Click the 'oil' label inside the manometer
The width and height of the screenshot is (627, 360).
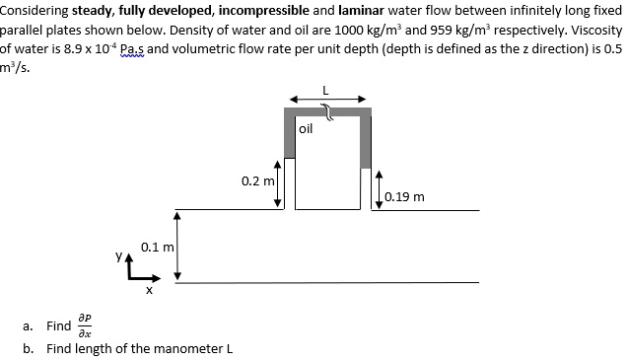click(x=305, y=128)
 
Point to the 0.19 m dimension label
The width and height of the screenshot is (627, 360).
click(x=405, y=196)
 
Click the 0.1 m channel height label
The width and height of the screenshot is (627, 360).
click(x=157, y=246)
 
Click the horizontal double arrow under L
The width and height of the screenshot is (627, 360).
click(x=328, y=100)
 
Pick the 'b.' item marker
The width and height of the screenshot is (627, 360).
click(x=29, y=348)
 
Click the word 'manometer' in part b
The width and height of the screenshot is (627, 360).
click(x=187, y=348)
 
